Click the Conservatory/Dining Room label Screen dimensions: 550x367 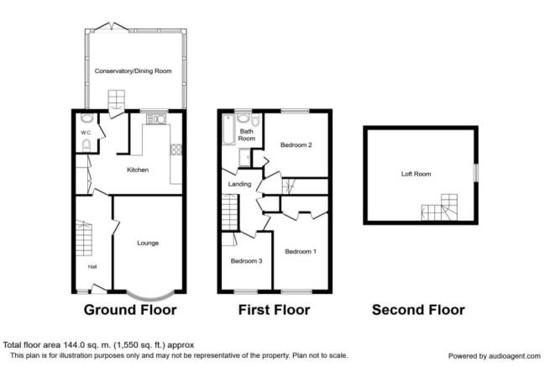coord(134,71)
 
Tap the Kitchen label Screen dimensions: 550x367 coord(138,170)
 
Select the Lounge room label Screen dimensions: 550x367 coord(148,243)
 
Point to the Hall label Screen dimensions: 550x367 coord(92,267)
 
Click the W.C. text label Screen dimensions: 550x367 coord(86,133)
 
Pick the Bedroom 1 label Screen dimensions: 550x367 coord(301,251)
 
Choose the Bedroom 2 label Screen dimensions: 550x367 coord(296,144)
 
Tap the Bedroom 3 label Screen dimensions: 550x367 coord(246,260)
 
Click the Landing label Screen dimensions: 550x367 coord(239,184)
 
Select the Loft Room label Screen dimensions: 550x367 coord(416,174)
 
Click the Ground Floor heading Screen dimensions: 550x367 coord(130,310)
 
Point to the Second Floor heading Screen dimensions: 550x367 coord(418,310)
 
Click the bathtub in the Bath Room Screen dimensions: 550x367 coord(228,129)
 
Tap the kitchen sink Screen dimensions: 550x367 coord(156,119)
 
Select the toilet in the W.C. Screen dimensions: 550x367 coord(86,145)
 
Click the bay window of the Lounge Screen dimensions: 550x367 coord(150,296)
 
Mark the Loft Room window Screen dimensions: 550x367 coord(475,173)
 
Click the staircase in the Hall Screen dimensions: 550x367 coord(84,238)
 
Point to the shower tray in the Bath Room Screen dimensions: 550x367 coord(244,158)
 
